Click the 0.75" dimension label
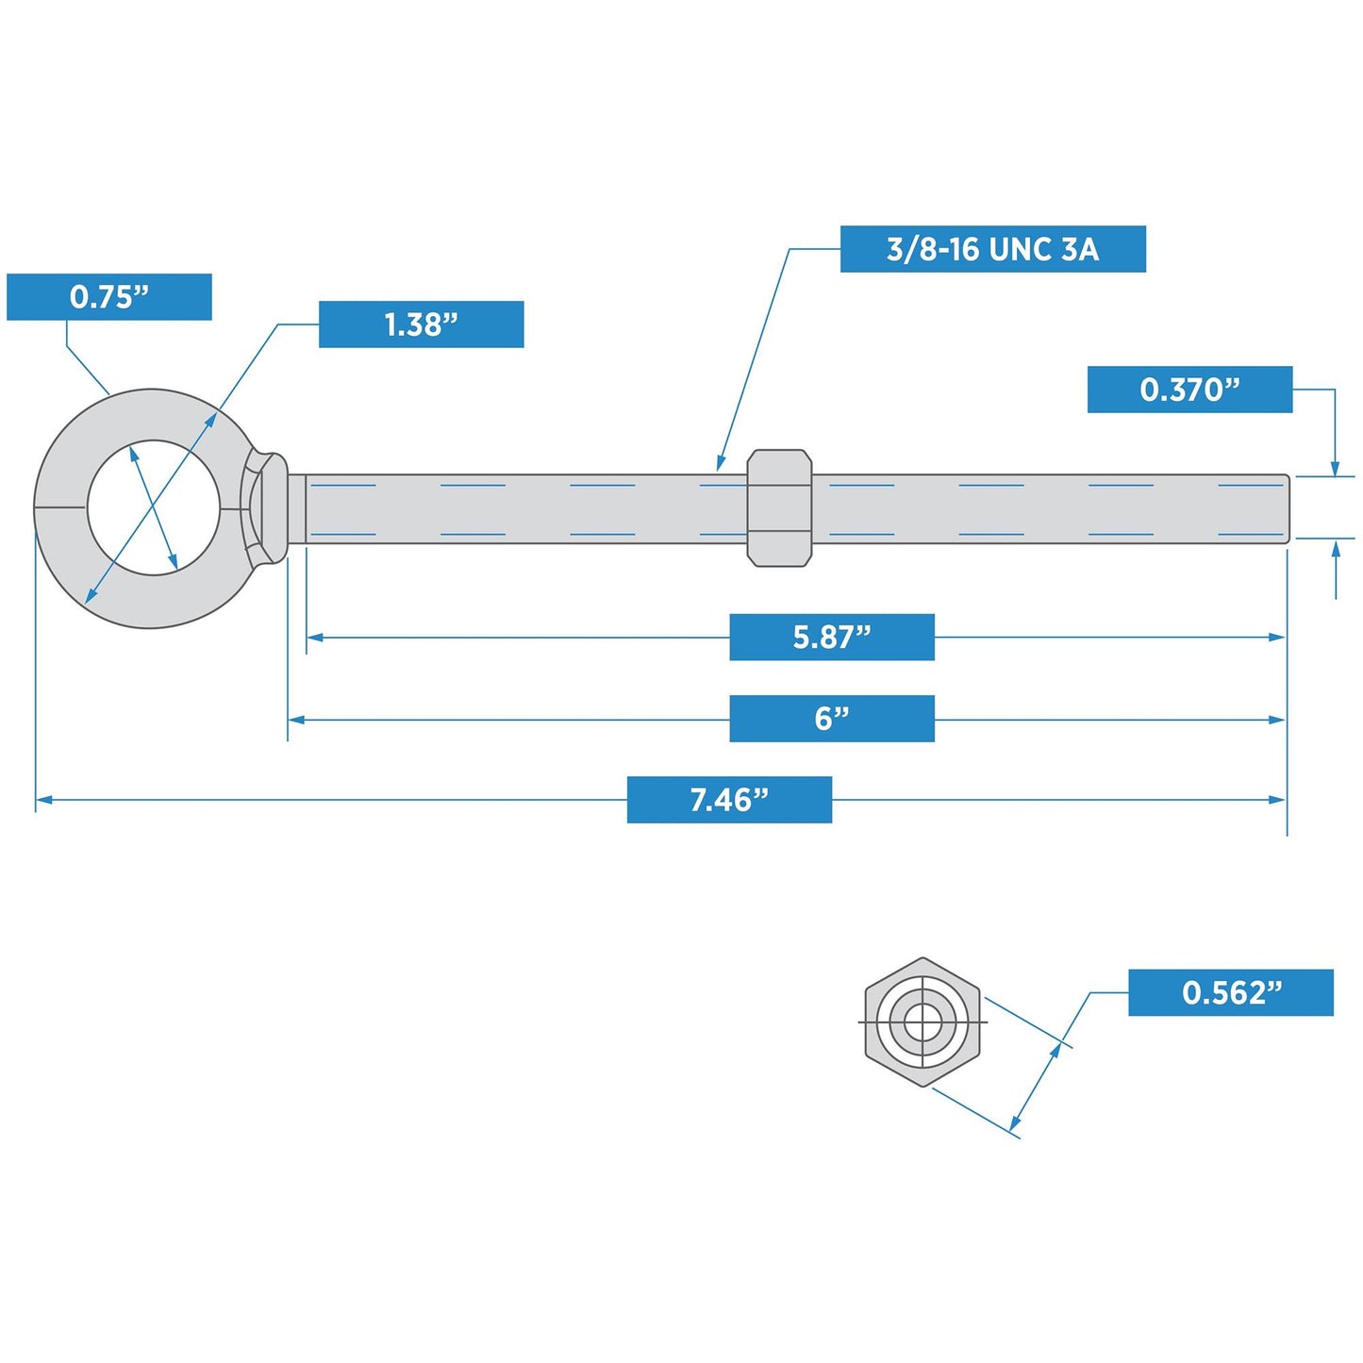coord(108,296)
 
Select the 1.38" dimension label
coord(421,324)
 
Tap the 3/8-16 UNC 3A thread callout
coord(992,249)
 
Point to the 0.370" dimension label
coord(1189,389)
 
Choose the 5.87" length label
coord(832,637)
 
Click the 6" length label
coord(832,719)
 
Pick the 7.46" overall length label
coord(729,800)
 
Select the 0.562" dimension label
coord(1231,992)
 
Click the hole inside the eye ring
coord(154,507)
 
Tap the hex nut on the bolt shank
coord(779,507)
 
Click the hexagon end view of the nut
coord(923,1022)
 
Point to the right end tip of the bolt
coord(1288,508)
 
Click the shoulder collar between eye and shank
coord(296,508)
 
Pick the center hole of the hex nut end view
coord(923,1022)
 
